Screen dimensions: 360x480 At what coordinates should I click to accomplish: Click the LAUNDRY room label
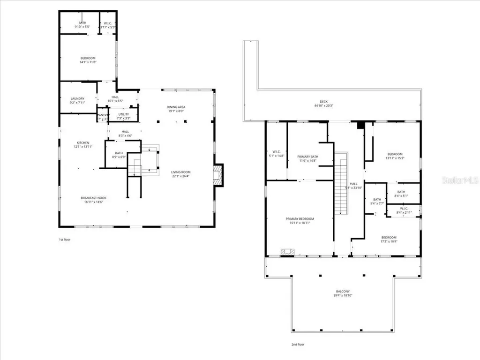[77, 99]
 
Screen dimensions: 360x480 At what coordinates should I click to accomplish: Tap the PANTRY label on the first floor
[102, 115]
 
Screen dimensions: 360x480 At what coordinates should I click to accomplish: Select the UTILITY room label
[124, 114]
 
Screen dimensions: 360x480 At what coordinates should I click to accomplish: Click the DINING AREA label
[176, 107]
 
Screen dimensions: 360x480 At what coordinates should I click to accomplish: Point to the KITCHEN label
[83, 143]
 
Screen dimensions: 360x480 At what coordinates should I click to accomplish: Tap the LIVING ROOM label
[180, 172]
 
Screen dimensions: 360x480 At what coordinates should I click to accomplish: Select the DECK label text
[324, 102]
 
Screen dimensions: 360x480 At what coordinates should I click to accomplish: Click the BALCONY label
[343, 292]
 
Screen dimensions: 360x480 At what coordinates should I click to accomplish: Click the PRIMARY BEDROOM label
[300, 219]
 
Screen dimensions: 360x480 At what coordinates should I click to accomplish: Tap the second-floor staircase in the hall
[341, 183]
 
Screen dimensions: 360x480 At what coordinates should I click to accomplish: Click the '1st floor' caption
[64, 240]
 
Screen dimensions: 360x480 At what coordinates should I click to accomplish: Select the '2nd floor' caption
[298, 345]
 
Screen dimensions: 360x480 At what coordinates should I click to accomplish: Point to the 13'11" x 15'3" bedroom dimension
[394, 158]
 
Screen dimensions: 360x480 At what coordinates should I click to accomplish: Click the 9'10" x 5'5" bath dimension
[82, 27]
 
